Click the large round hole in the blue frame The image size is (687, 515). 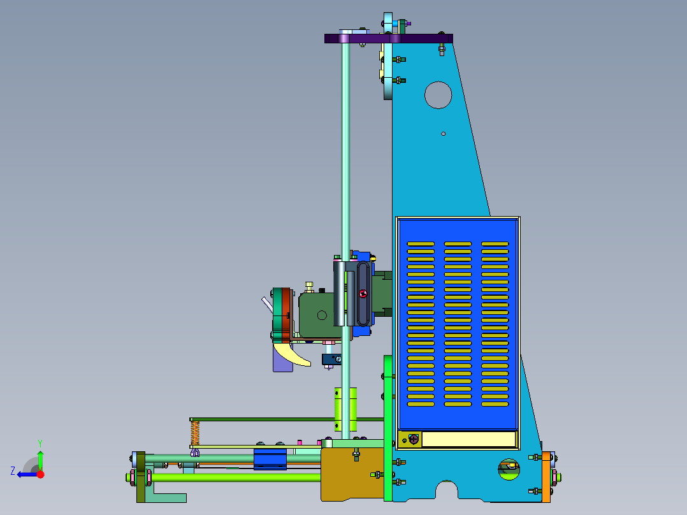pos(438,95)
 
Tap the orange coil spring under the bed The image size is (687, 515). pos(195,433)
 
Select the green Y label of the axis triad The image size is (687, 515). pos(40,443)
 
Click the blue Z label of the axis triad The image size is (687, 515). pos(13,471)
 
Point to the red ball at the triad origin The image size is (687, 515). pos(40,474)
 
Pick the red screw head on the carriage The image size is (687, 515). pos(363,294)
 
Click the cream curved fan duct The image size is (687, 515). pos(291,354)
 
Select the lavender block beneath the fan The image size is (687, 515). pos(282,359)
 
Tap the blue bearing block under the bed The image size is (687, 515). pos(270,459)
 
